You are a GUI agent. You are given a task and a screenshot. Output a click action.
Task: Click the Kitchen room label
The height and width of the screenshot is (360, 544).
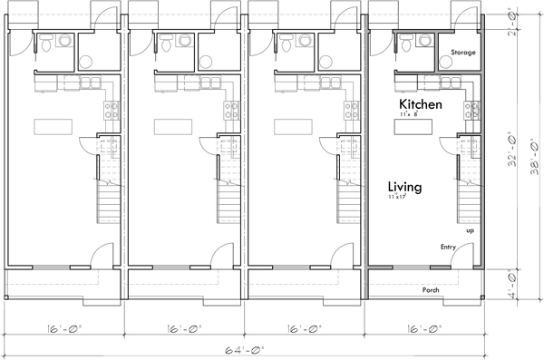[422, 106]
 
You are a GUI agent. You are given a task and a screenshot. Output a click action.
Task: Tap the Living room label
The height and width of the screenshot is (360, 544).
[404, 187]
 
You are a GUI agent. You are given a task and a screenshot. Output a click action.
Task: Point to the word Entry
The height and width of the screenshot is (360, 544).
[448, 247]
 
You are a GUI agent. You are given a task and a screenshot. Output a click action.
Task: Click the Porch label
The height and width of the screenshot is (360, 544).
[431, 290]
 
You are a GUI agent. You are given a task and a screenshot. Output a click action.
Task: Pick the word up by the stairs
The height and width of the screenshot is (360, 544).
[470, 230]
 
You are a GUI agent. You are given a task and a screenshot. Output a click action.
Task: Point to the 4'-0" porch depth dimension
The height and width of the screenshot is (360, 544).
[510, 283]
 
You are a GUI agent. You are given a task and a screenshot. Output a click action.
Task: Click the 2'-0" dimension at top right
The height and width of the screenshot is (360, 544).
[510, 29]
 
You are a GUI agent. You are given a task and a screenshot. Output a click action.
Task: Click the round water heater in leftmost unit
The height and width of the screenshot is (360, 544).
[87, 62]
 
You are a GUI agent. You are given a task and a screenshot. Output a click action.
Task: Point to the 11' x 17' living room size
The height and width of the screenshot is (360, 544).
[395, 197]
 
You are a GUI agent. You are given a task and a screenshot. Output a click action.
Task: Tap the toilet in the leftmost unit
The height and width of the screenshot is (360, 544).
[61, 42]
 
